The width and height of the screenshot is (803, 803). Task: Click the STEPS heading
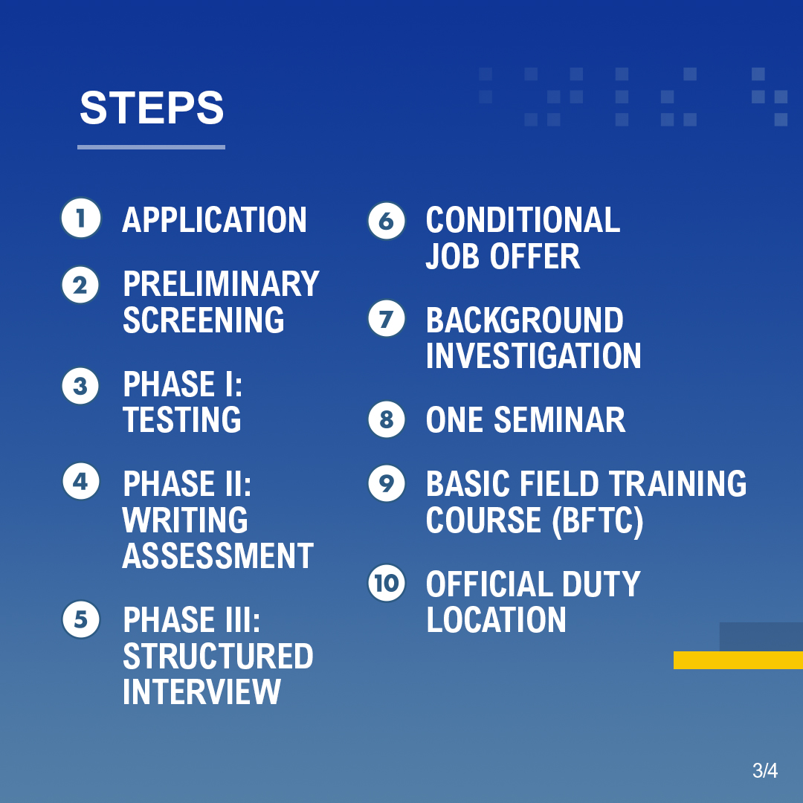click(x=152, y=108)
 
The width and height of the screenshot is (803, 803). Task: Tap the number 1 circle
click(x=80, y=218)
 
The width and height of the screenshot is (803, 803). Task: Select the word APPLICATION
click(x=214, y=220)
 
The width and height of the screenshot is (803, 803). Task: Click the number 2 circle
click(x=80, y=286)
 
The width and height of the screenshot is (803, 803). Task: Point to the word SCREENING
click(x=203, y=320)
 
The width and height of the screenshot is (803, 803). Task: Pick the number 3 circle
click(x=80, y=387)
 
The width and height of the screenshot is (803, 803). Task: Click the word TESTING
click(x=182, y=420)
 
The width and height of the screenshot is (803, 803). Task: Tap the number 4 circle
click(x=80, y=482)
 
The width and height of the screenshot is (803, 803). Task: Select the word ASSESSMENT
click(x=218, y=556)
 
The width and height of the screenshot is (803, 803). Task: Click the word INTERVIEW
click(x=201, y=691)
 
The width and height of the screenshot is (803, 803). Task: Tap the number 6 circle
click(x=387, y=222)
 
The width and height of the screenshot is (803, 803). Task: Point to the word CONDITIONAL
click(x=523, y=220)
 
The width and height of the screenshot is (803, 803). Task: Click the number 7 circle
click(x=387, y=320)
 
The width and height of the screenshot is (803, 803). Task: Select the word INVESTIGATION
click(x=533, y=356)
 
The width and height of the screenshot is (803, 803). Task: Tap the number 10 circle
click(x=387, y=583)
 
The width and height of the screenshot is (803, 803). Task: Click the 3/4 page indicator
click(x=764, y=771)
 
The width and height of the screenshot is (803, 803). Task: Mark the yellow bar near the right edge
click(x=738, y=660)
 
